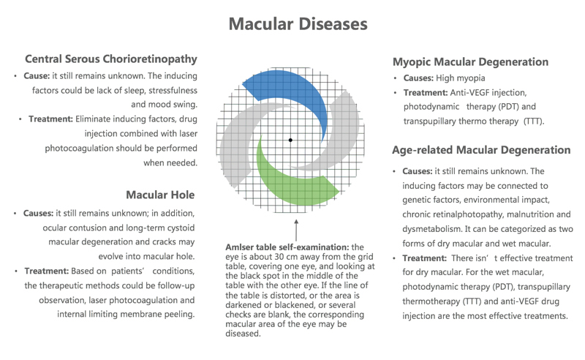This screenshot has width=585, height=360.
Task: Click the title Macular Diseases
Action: click(298, 24)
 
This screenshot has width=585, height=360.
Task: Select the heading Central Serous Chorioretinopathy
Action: click(111, 59)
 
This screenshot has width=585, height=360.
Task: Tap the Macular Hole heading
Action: click(160, 195)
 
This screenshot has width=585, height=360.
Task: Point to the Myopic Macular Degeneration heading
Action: click(470, 62)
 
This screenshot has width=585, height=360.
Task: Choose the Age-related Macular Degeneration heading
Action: click(481, 150)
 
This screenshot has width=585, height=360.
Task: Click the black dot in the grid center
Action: click(290, 140)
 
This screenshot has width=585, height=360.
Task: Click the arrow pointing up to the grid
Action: click(296, 230)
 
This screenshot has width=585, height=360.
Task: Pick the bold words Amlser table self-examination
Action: click(287, 247)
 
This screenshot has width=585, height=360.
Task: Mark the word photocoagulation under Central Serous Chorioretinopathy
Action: click(79, 149)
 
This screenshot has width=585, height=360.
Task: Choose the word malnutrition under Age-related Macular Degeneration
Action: click(530, 214)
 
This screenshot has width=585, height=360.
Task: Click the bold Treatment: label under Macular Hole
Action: click(47, 271)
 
